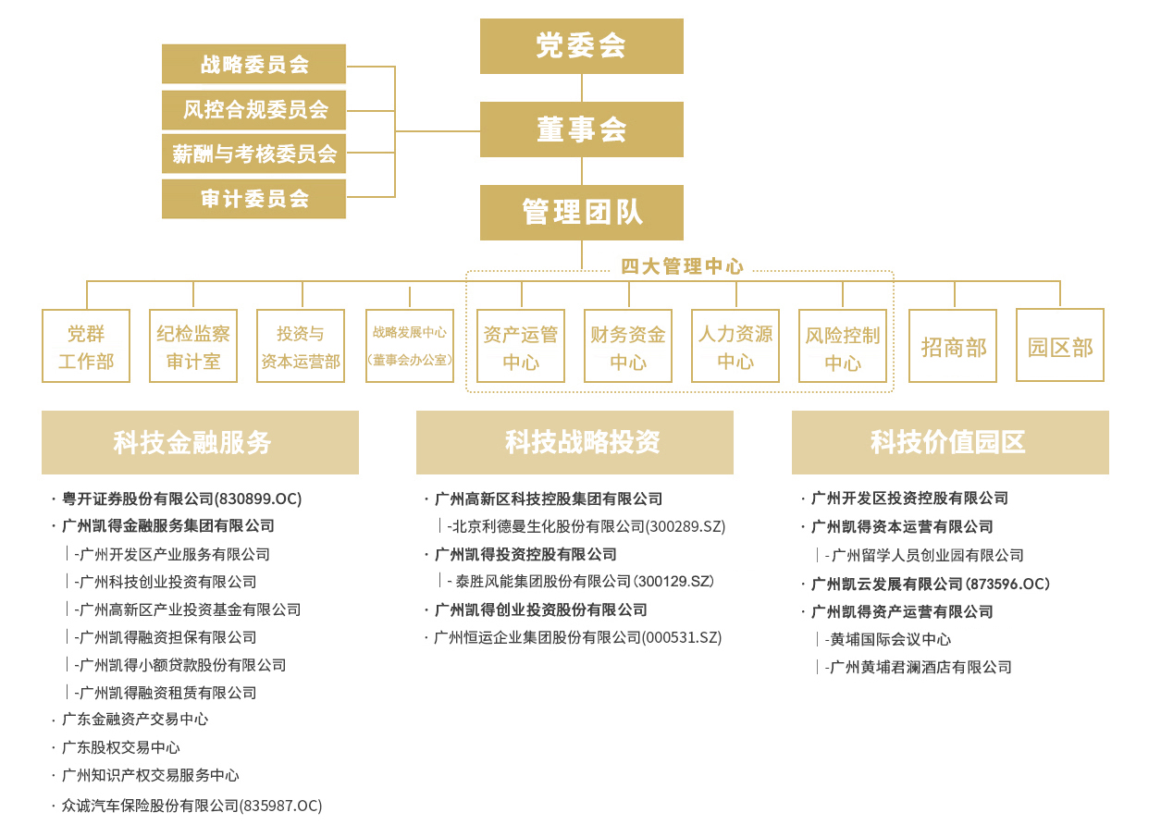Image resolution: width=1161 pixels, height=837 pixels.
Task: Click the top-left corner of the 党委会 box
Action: [x=480, y=19]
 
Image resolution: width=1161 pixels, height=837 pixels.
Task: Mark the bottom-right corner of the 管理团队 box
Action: [x=683, y=240]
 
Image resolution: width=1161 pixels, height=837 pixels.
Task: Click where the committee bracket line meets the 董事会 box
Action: [x=480, y=131]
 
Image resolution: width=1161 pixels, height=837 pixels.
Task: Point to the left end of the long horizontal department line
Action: [x=87, y=281]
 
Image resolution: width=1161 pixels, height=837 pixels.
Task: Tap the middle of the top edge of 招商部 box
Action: [x=953, y=310]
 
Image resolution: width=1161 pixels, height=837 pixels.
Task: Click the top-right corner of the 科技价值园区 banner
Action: [x=1108, y=412]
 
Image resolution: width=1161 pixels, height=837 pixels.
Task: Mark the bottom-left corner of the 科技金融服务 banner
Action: [x=42, y=474]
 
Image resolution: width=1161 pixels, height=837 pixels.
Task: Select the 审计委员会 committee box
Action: [x=254, y=199]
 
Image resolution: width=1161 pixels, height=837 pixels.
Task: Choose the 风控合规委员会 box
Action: [x=254, y=110]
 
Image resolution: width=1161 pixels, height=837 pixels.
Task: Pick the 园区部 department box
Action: [x=1060, y=345]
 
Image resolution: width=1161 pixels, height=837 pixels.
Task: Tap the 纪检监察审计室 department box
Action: [x=193, y=346]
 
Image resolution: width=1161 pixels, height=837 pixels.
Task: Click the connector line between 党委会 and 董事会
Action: [x=582, y=88]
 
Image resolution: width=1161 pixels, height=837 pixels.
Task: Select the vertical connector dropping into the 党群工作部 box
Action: [x=87, y=295]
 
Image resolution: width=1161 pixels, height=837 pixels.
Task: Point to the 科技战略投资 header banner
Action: [x=574, y=443]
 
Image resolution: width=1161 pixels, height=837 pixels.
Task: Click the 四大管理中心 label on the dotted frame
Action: [x=682, y=266]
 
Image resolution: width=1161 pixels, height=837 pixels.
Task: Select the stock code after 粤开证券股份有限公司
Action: [x=257, y=499]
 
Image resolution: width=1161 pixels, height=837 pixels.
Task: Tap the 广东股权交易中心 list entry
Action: [x=121, y=747]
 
